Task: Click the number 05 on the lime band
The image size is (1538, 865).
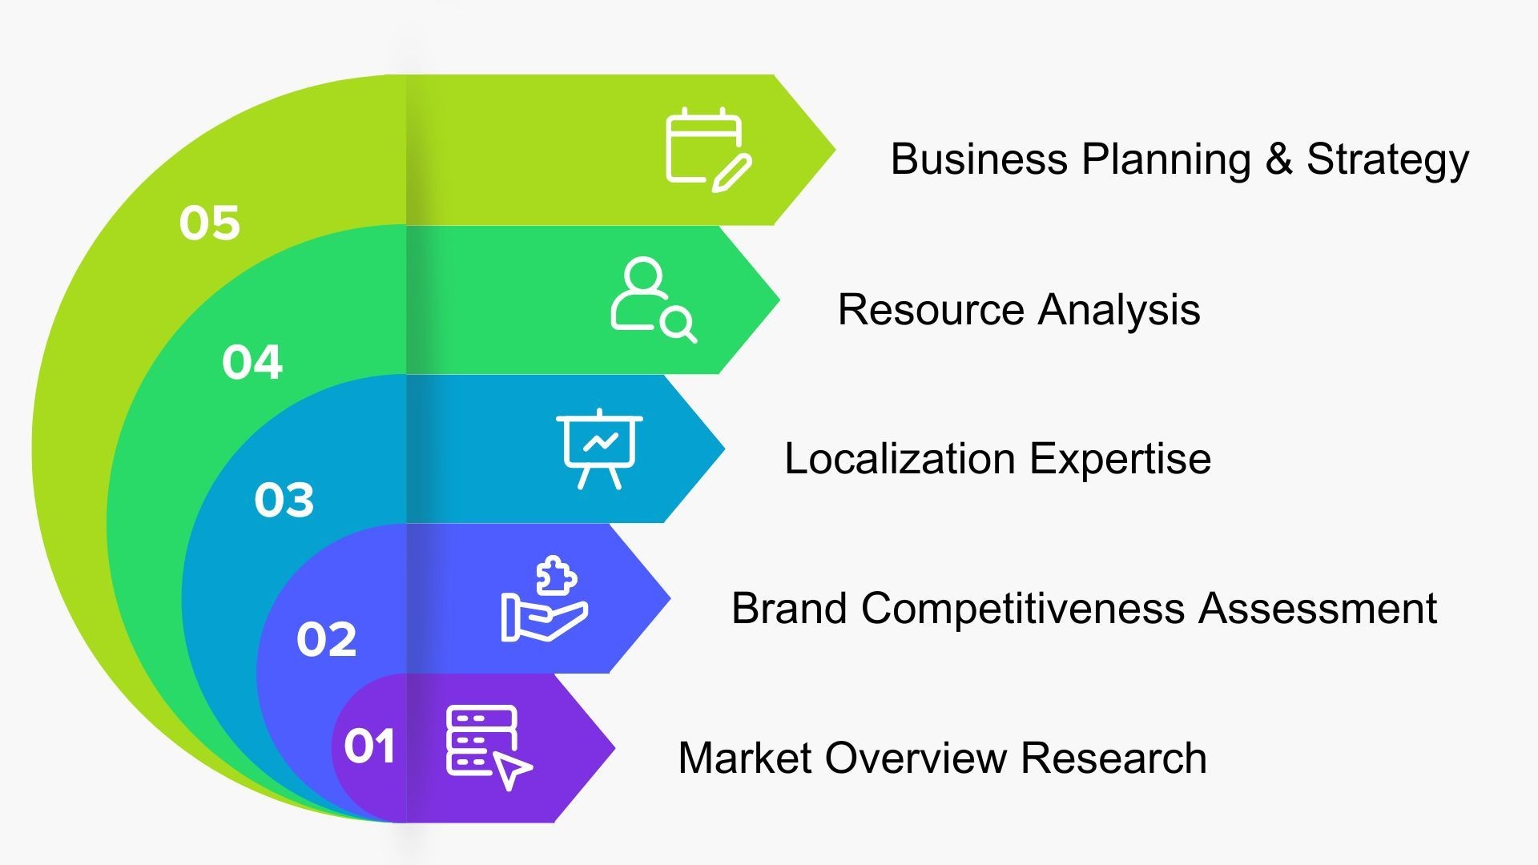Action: point(209,223)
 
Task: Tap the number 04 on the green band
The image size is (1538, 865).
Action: point(252,362)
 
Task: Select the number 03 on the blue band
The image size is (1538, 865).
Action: point(284,500)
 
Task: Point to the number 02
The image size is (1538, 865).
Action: point(326,639)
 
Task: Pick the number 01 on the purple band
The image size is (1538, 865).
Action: point(369,746)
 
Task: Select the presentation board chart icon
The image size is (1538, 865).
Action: point(599,449)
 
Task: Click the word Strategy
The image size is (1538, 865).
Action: point(1387,159)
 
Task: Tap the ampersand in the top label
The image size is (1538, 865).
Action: point(1278,159)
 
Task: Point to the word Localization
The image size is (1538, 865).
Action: point(900,459)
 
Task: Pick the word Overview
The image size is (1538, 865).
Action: point(916,758)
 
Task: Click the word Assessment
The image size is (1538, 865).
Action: point(1317,609)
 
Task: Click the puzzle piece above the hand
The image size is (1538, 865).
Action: point(556,574)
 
